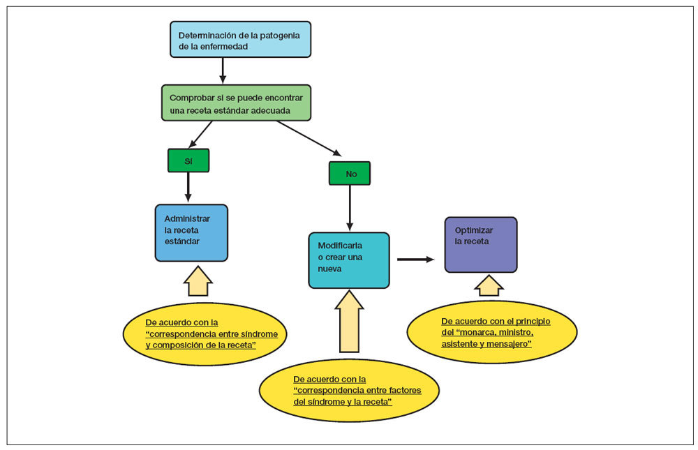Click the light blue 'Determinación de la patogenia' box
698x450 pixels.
(x=240, y=39)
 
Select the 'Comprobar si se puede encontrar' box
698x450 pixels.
(x=235, y=103)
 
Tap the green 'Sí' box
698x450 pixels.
(x=188, y=160)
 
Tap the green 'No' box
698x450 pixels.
(x=350, y=174)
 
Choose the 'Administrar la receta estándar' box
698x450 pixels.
(x=191, y=232)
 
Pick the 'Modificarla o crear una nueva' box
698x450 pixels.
(x=348, y=260)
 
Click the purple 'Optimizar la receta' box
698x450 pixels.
(x=481, y=244)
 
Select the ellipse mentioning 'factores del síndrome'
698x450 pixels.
(x=349, y=390)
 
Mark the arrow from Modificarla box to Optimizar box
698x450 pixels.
(x=415, y=260)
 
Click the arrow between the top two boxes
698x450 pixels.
(x=223, y=70)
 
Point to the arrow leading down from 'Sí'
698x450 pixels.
(x=188, y=187)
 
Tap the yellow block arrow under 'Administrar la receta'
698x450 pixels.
(x=198, y=280)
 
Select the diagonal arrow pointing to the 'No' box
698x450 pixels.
(x=309, y=137)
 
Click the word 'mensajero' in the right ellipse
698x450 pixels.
(x=509, y=343)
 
